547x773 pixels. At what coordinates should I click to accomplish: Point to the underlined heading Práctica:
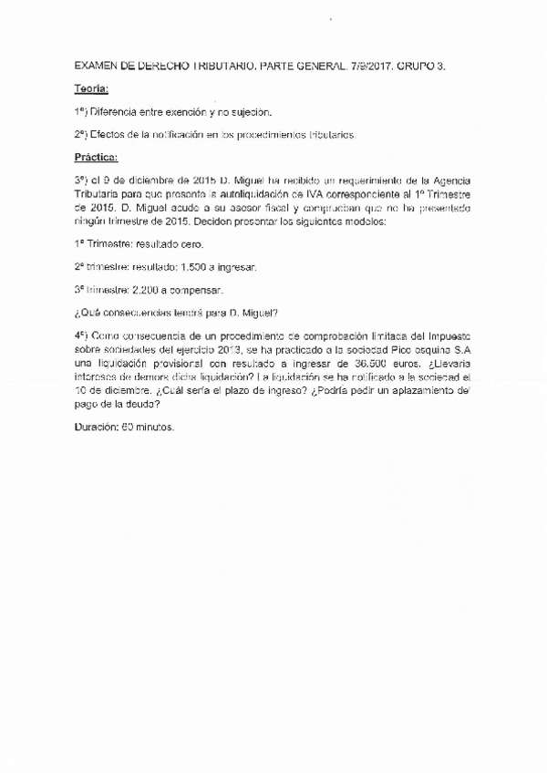click(97, 156)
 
